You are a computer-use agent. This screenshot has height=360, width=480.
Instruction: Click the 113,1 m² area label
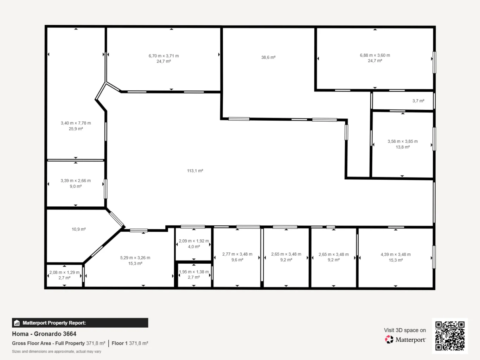point(195,171)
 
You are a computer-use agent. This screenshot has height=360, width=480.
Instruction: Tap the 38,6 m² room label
point(268,58)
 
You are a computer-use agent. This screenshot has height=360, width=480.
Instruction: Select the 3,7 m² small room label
point(418,101)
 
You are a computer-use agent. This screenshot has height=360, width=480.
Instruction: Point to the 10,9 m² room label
point(79,229)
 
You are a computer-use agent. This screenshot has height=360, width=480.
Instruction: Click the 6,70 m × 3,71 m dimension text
point(164,56)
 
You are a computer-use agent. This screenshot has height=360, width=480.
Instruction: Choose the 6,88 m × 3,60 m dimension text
point(375,55)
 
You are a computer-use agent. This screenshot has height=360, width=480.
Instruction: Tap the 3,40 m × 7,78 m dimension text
point(76,123)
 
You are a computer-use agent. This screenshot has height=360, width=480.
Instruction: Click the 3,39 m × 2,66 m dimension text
point(76,181)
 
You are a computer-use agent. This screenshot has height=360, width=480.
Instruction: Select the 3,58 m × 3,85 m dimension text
point(403,141)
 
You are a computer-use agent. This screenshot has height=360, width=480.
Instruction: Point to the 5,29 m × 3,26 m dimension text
point(135,258)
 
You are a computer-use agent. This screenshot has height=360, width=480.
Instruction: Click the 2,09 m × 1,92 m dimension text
point(194,241)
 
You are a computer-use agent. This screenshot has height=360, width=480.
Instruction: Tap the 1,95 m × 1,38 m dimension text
point(194,272)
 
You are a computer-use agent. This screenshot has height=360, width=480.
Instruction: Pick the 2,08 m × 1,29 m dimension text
point(64,272)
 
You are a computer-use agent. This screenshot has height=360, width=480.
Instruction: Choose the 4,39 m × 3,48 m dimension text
point(396,255)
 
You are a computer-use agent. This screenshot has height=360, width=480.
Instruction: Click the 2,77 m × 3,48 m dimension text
point(237,254)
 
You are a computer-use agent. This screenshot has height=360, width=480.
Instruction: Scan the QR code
point(450,336)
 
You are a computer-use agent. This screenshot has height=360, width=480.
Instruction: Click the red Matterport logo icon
point(389,340)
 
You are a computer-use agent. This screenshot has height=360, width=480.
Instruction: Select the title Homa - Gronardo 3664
point(44,334)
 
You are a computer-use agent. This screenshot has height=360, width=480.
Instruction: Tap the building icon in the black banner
point(17,323)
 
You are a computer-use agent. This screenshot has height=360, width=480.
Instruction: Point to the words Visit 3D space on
point(405,330)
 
